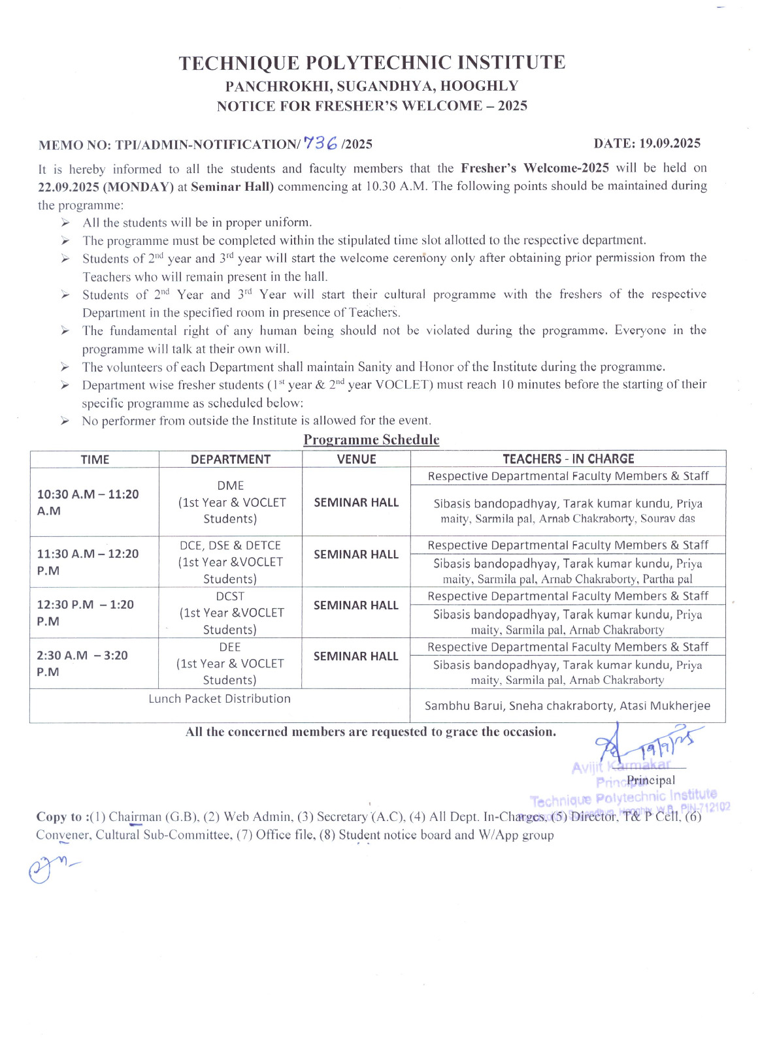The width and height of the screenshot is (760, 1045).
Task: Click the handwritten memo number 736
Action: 321,143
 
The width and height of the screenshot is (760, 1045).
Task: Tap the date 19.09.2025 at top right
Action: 647,143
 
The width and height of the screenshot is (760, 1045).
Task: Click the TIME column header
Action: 95,459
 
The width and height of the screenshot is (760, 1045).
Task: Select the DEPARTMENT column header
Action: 230,459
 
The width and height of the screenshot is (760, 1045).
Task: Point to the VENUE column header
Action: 356,459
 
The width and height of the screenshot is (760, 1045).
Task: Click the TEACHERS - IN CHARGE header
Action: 568,458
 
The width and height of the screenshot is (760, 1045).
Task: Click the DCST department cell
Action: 230,613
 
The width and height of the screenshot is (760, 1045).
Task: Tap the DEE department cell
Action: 230,663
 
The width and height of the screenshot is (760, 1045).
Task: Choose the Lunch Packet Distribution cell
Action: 220,698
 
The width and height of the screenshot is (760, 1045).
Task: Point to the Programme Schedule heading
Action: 371,440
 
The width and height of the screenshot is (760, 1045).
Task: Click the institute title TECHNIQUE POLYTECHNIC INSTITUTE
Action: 372,63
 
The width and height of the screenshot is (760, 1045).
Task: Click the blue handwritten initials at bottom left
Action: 49,869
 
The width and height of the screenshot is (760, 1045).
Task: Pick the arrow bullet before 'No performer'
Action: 65,421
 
